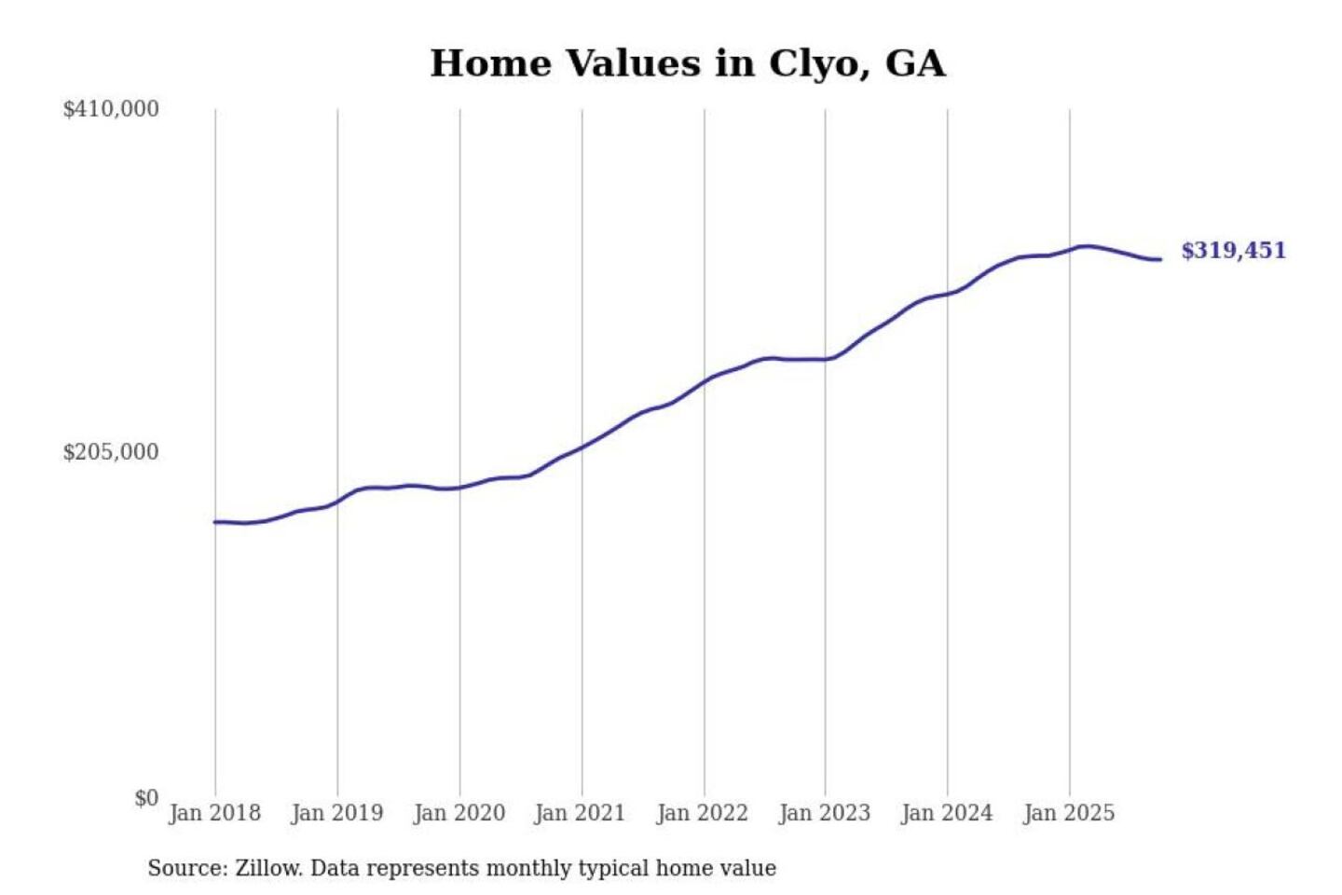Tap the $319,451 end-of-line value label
pos(1233,251)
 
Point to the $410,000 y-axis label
pos(111,109)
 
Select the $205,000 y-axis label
pos(111,452)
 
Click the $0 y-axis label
pos(146,798)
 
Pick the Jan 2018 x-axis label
pos(215,813)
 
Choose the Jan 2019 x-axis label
pos(337,813)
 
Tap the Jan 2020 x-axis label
pos(459,813)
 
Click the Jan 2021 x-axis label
pos(580,813)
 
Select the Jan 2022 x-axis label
pos(703,813)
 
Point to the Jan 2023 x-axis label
pos(825,813)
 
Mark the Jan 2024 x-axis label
pos(947,813)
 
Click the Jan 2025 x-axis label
pos(1069,813)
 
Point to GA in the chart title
pos(914,64)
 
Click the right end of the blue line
pos(1160,259)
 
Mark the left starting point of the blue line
pos(215,522)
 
